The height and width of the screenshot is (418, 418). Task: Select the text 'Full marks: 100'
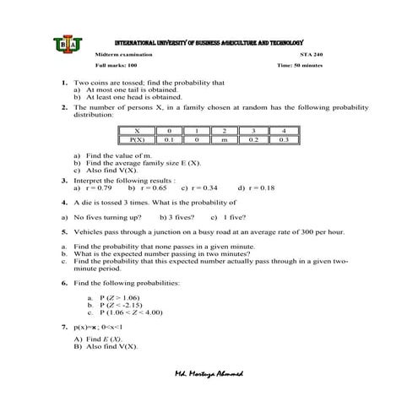point(116,65)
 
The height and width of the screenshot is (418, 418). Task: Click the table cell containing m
point(224,139)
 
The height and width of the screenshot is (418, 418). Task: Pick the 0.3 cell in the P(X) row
point(283,139)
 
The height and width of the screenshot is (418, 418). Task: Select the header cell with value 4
point(283,130)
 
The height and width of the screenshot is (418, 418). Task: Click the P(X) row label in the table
point(136,139)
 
